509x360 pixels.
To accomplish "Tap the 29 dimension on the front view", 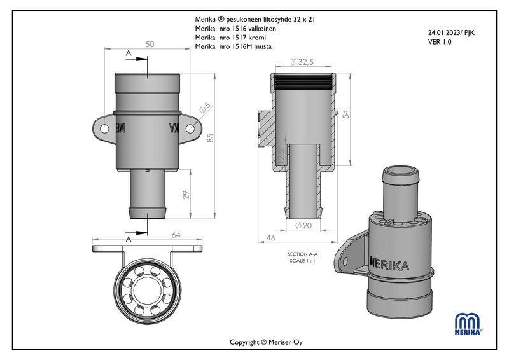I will click(186, 195).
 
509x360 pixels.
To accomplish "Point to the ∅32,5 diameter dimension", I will click(303, 62).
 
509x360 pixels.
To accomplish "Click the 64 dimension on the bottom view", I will click(176, 235).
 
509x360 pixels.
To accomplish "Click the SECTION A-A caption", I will click(302, 254).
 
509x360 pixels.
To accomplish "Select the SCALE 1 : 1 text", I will click(302, 261).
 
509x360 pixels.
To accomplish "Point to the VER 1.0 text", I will click(441, 41).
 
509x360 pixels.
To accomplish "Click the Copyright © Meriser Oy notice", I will click(267, 342).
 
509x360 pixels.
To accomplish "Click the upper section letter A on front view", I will click(129, 55).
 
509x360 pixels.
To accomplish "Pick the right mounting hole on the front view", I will click(190, 128).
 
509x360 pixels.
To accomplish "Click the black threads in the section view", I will click(303, 80).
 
